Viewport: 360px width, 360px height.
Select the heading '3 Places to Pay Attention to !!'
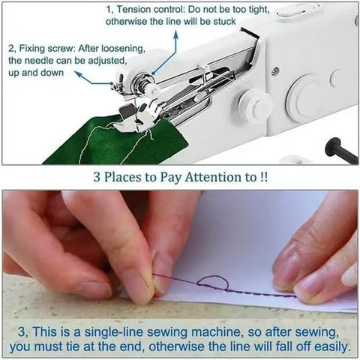tap(180, 178)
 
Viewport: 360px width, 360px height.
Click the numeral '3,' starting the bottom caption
tap(26, 330)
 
